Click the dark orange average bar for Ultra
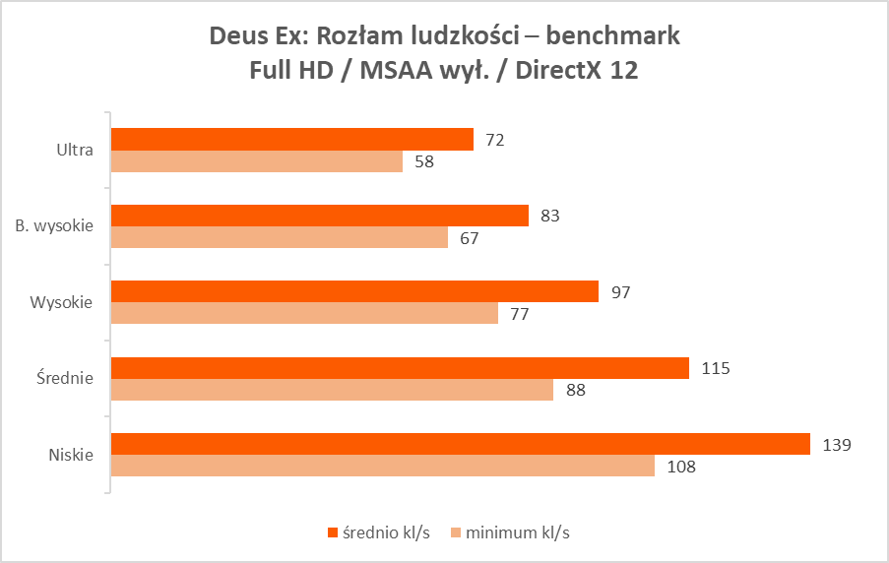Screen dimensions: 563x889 click(292, 140)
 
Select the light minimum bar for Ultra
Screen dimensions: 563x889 click(257, 161)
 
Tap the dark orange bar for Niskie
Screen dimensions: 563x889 click(460, 445)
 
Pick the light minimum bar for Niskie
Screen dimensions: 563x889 click(383, 466)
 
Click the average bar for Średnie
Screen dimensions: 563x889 click(400, 368)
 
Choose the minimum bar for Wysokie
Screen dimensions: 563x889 click(304, 313)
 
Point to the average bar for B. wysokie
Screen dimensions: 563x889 click(320, 216)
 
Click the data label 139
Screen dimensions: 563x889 click(836, 445)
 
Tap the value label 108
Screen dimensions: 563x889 click(680, 467)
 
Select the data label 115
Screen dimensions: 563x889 click(715, 368)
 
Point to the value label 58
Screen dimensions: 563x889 click(424, 162)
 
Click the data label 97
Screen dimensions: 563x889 click(620, 292)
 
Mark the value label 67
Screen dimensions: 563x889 click(470, 238)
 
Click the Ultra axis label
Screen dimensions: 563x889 click(75, 151)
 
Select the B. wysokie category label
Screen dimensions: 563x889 click(54, 226)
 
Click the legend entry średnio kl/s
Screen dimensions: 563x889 click(378, 532)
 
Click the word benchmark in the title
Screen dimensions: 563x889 click(612, 36)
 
